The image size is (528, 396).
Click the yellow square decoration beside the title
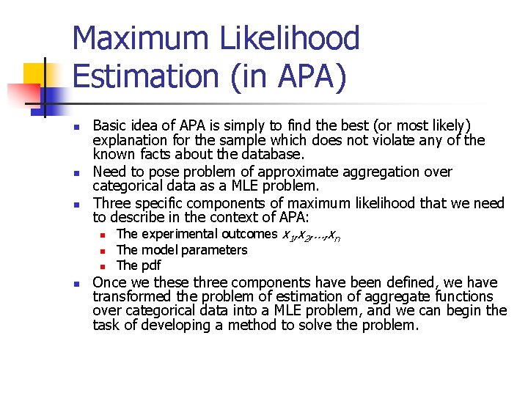(35, 76)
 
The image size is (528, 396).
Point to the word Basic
(111, 125)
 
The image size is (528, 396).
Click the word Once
(110, 282)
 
